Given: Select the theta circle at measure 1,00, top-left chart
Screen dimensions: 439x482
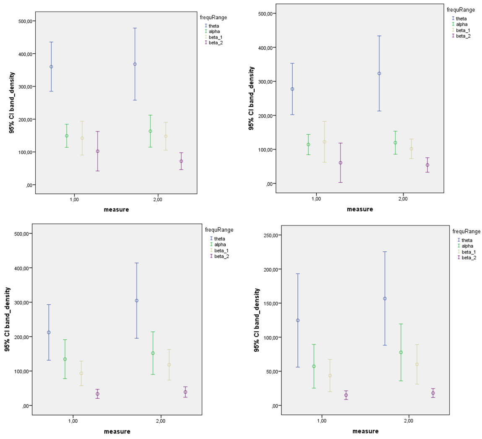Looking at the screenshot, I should coord(51,67).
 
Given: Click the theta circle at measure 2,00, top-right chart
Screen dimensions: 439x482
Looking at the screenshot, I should coord(379,73).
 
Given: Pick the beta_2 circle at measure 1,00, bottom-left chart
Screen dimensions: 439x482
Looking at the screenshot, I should coord(97,394).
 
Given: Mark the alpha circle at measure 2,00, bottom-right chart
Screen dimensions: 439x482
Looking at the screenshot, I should coord(401,353).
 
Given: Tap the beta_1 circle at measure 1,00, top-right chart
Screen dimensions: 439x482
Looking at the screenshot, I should coord(324,142).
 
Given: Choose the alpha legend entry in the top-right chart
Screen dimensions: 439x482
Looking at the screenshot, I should coord(461,24).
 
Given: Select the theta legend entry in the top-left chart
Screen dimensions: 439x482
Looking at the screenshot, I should coord(214,26).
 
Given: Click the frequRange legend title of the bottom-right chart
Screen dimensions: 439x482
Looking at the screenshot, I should coord(466,231).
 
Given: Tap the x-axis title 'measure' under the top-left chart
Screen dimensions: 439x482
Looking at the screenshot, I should coord(116,209).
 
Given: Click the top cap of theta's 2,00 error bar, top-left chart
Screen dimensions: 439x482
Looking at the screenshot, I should coord(135,28).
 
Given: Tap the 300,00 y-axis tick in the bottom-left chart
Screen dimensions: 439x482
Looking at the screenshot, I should coord(20,303).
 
